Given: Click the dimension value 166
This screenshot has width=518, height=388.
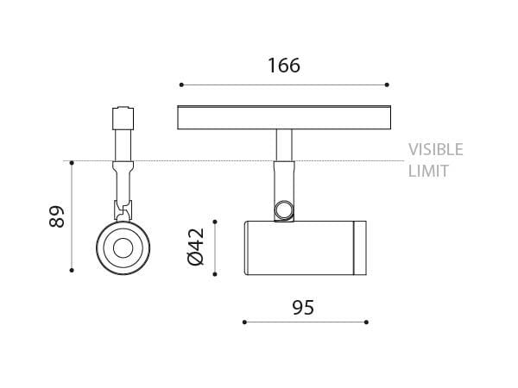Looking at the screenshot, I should point(283,66).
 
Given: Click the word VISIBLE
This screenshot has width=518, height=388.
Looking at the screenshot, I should point(435,149).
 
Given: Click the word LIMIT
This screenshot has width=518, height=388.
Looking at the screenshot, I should point(427,171).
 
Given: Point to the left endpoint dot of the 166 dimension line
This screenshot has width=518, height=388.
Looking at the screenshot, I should point(181,84).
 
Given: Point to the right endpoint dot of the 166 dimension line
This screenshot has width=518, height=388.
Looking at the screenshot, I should point(387,84).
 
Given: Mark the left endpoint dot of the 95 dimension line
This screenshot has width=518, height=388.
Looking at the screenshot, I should point(244,322).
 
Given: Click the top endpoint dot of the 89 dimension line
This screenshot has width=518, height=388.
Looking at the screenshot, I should point(73,161).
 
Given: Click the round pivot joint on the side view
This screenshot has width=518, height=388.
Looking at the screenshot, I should point(282,210).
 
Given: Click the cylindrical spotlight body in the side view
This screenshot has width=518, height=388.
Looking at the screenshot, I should point(298,249).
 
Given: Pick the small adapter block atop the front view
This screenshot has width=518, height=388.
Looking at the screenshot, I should point(121,115).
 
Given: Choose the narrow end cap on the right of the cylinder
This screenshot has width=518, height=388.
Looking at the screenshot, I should point(360,249).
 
